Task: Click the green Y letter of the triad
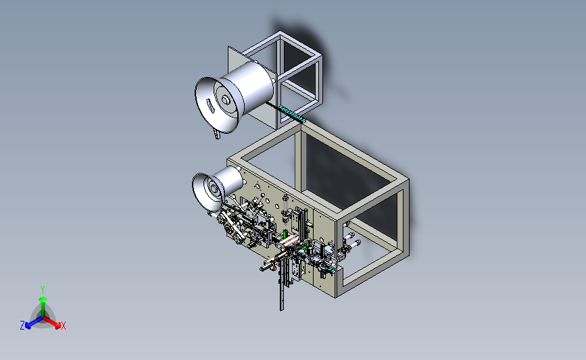coord(42,290)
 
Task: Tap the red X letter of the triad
coord(63,326)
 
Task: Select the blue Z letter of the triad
coord(22,326)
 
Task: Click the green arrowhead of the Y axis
coord(43,299)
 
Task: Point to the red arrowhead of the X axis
coord(57,325)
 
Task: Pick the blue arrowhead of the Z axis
coord(28,326)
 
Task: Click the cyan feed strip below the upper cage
coord(292,113)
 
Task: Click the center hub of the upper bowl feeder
coord(225,100)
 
